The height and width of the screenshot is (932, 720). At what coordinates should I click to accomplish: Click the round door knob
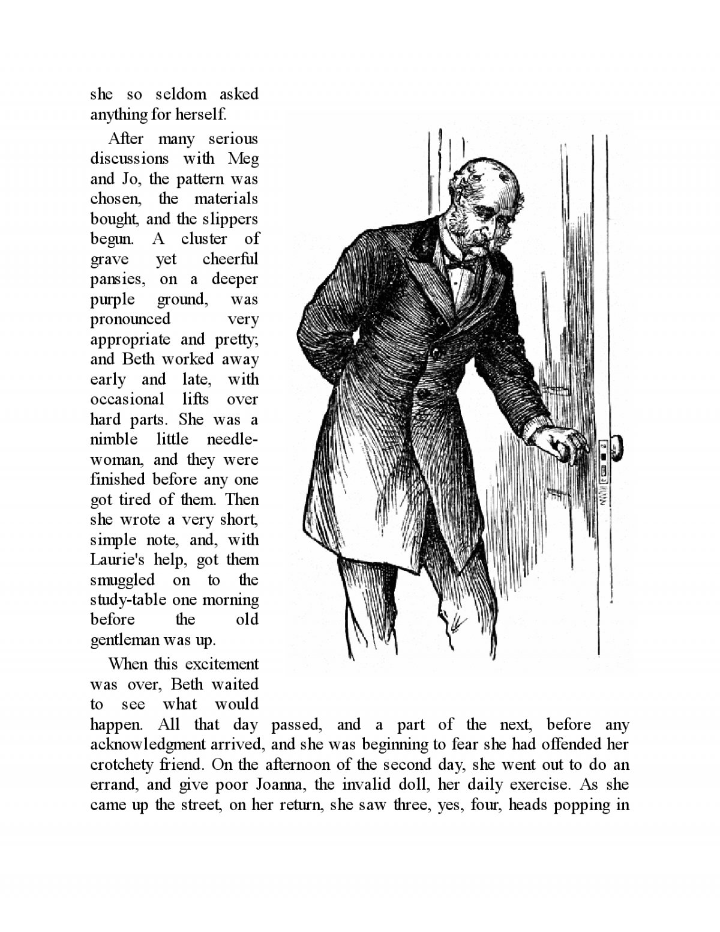pyautogui.click(x=615, y=446)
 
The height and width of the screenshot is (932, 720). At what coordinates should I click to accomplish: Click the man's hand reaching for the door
pyautogui.click(x=560, y=444)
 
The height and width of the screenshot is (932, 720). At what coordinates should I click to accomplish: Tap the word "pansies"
pyautogui.click(x=118, y=280)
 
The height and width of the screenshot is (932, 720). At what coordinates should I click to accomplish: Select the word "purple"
pyautogui.click(x=112, y=300)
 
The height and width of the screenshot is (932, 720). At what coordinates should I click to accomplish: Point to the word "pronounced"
pyautogui.click(x=130, y=319)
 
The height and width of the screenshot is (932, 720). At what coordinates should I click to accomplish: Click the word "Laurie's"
pyautogui.click(x=116, y=560)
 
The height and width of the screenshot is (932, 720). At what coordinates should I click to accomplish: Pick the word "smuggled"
pyautogui.click(x=122, y=580)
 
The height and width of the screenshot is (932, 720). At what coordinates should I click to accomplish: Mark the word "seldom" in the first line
pyautogui.click(x=181, y=94)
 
